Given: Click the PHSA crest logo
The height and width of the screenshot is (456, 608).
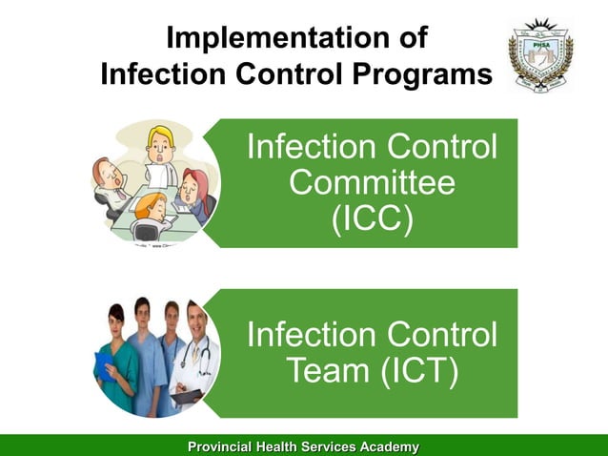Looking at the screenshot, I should coord(540,56).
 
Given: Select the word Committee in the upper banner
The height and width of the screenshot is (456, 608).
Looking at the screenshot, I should coord(372,183).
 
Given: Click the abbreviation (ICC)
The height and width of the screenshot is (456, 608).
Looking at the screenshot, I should coord(372,218).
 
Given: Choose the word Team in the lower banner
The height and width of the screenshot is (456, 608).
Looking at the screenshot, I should coord(324,371).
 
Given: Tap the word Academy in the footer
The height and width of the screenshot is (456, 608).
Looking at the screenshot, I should coord(381,446).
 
